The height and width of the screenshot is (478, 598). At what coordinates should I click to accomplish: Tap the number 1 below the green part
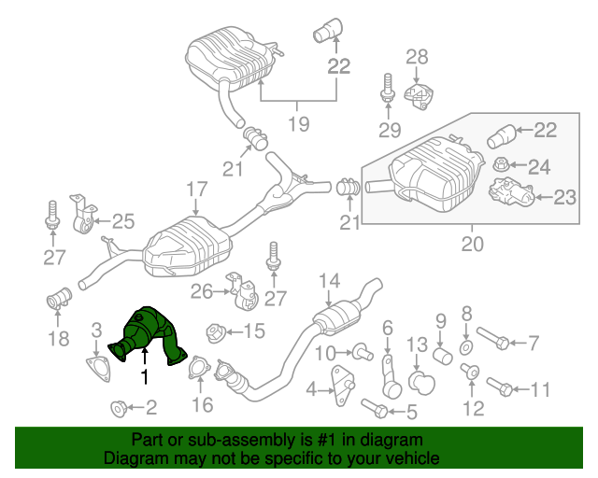pos(144,376)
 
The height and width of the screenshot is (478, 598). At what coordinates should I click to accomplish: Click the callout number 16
pos(203,404)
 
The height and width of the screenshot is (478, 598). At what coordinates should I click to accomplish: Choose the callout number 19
pos(298,123)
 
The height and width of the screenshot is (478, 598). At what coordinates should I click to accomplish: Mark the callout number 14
pos(329,280)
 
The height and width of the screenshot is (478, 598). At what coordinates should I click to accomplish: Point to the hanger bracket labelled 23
pos(508,194)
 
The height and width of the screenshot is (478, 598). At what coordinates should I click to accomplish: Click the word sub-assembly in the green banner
pos(230,439)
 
